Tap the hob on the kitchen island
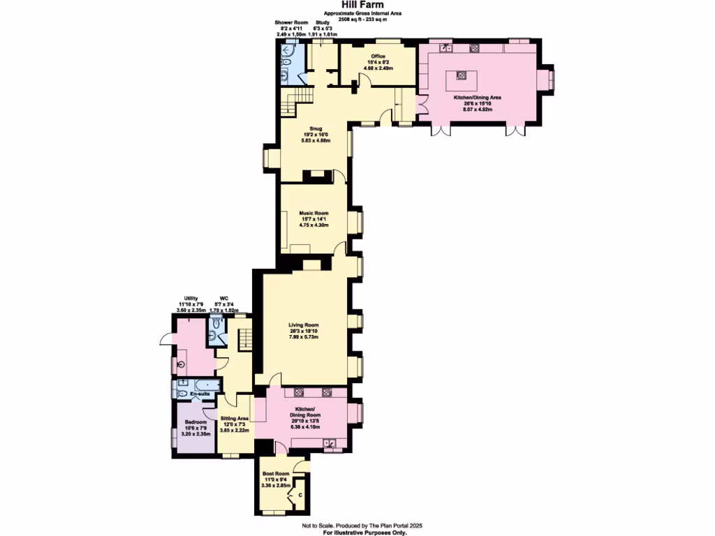click(x=461, y=75)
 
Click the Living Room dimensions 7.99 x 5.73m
click(x=304, y=337)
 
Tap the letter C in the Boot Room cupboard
click(x=300, y=495)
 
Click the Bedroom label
click(x=196, y=422)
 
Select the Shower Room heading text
click(x=286, y=22)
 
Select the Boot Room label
click(x=275, y=473)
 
